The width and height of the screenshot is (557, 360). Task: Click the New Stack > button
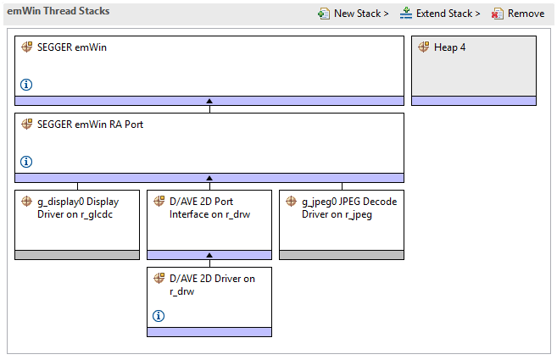click(x=353, y=14)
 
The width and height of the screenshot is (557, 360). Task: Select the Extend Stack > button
click(x=440, y=14)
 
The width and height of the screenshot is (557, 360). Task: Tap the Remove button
click(x=518, y=14)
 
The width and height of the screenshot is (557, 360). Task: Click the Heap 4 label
click(x=449, y=47)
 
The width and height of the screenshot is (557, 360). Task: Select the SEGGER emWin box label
click(x=72, y=47)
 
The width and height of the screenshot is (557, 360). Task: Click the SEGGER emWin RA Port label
click(x=90, y=125)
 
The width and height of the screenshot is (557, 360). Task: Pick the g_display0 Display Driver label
click(x=77, y=208)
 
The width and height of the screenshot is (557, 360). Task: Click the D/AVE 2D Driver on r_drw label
click(x=212, y=285)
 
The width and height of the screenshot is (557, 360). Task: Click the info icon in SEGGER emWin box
click(x=26, y=85)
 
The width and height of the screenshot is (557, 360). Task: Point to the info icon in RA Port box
click(x=26, y=162)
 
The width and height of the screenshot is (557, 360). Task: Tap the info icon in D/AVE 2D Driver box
click(x=159, y=316)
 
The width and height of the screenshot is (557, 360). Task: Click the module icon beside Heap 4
click(x=424, y=47)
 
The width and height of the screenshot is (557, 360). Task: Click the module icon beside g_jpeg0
click(x=292, y=202)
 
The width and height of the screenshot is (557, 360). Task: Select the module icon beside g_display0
click(x=27, y=202)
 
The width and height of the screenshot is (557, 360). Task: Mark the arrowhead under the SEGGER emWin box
click(x=209, y=101)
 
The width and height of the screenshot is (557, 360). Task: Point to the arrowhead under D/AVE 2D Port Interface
click(x=209, y=255)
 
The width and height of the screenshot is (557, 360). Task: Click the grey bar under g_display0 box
click(x=77, y=255)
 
